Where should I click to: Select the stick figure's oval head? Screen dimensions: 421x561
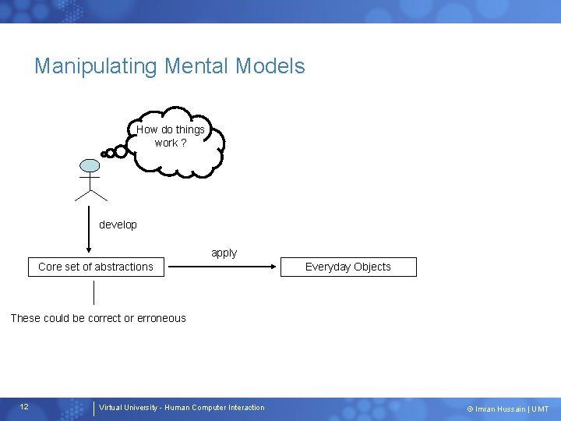[x=90, y=165]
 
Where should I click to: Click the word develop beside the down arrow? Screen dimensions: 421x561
[x=118, y=225]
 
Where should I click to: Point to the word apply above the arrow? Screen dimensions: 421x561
[x=224, y=253]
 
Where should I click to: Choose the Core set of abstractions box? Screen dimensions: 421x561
[x=96, y=267]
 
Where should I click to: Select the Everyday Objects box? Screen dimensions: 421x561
[x=348, y=267]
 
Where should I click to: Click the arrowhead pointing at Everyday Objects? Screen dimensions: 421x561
[x=275, y=267]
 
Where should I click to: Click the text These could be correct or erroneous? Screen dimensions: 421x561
[x=98, y=318]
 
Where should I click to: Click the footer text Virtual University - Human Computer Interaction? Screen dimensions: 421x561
[x=182, y=407]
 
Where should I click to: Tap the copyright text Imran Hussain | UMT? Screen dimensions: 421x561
[x=508, y=409]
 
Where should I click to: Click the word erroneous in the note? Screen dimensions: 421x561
[x=161, y=318]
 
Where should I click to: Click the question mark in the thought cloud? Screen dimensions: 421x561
[x=183, y=143]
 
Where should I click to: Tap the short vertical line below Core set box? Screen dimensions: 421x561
[x=93, y=292]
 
